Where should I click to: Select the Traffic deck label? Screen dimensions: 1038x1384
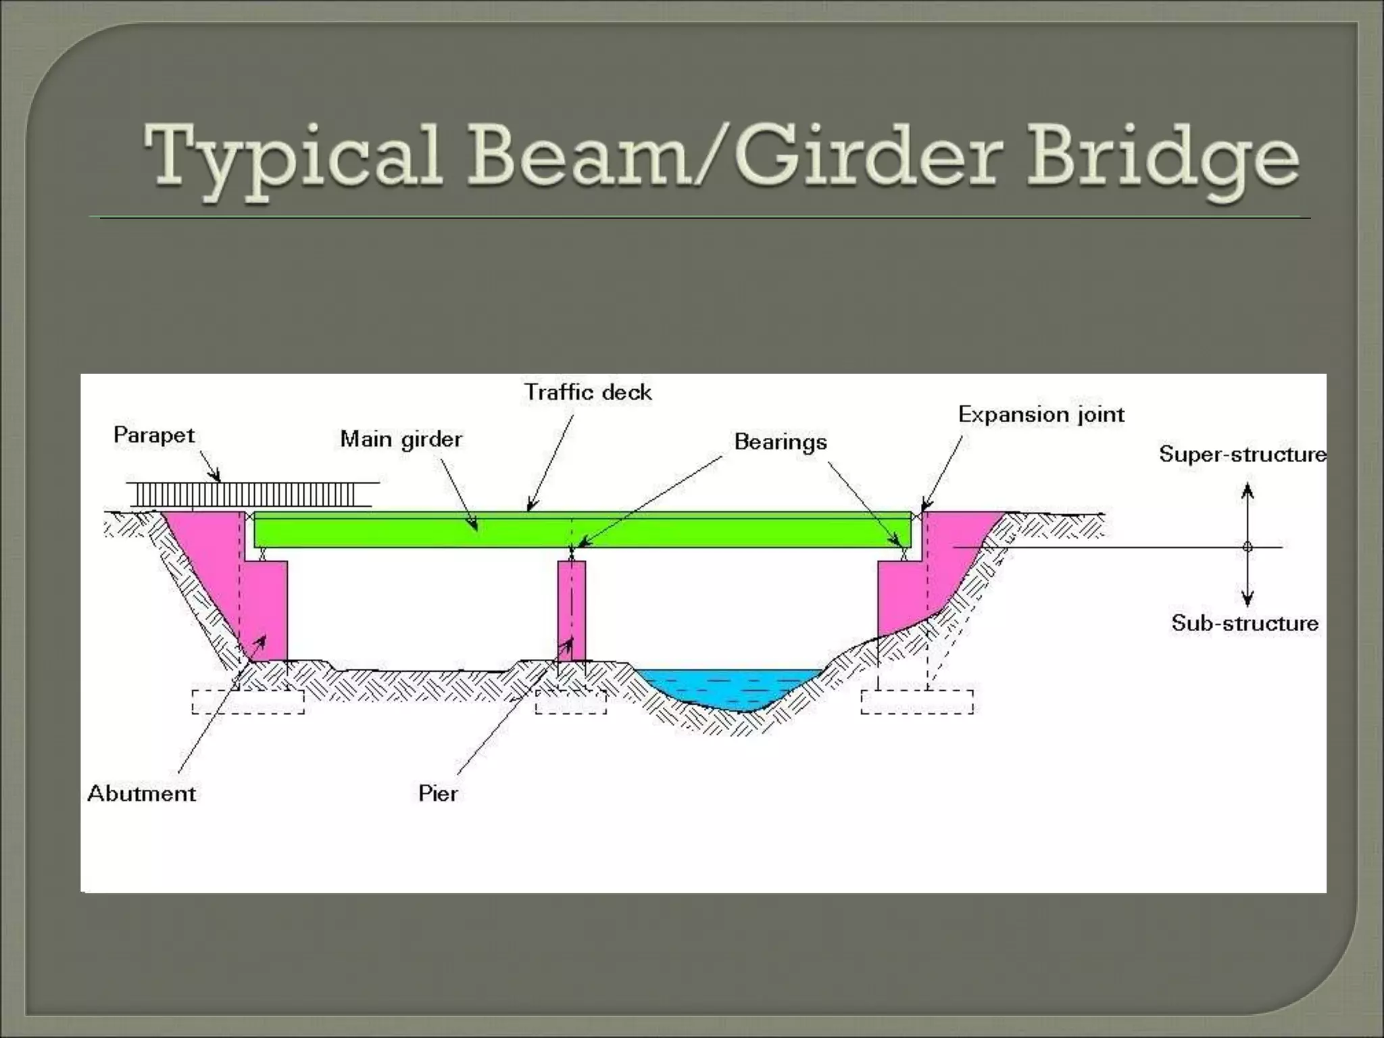(x=588, y=392)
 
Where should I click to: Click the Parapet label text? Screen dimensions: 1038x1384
(x=154, y=435)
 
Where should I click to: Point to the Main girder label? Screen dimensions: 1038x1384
(x=401, y=439)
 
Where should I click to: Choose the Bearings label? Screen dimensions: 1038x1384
(x=781, y=442)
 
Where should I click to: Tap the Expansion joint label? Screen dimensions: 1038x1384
(x=1041, y=414)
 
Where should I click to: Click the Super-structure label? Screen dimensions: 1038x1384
(x=1242, y=454)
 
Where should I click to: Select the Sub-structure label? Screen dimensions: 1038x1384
(x=1245, y=622)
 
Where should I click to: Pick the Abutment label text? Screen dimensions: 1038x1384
(x=142, y=793)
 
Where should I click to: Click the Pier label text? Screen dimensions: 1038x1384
(x=438, y=793)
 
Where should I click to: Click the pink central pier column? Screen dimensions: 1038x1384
(x=572, y=608)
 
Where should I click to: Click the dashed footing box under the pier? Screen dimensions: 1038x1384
(x=571, y=701)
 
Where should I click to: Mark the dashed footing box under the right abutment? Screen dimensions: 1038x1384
(x=917, y=701)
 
